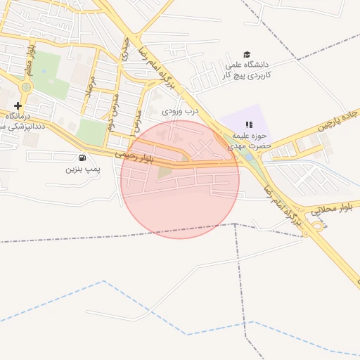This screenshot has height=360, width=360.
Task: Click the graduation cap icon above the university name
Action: pos(246,54)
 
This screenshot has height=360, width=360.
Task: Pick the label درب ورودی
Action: pos(181,111)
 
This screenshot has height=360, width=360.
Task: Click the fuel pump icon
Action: pos(83,158)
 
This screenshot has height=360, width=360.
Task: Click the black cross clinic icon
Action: pos(18,105)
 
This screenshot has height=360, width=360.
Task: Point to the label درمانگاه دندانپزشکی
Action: pos(15,120)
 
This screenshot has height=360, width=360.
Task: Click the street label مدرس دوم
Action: pos(115,105)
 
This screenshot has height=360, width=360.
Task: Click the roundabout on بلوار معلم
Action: pos(27,87)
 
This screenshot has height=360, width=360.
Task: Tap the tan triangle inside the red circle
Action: pos(165,172)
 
